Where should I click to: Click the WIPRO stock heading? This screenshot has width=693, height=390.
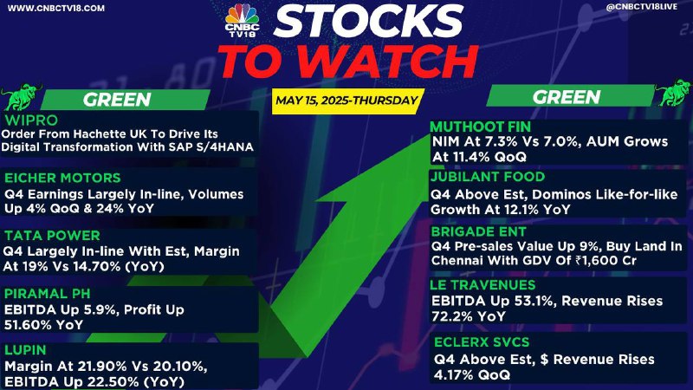tap(31, 120)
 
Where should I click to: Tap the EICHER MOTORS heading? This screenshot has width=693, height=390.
tap(62, 178)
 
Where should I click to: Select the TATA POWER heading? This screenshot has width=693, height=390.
tap(52, 235)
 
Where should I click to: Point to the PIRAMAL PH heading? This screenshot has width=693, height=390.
tap(48, 294)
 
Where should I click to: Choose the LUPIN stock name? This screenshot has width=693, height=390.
tap(25, 350)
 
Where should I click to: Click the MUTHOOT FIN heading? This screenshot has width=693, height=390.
tap(481, 127)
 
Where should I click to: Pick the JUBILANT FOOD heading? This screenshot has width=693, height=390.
tap(488, 177)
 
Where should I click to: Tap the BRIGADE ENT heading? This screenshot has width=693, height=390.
tap(479, 231)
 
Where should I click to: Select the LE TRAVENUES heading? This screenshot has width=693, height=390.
tap(483, 285)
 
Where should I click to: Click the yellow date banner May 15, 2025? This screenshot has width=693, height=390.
tap(347, 101)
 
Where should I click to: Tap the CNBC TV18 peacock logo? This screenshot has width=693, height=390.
tap(242, 20)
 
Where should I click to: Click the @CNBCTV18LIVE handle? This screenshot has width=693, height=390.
tap(642, 8)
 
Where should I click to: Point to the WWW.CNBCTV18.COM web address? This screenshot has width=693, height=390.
tap(56, 9)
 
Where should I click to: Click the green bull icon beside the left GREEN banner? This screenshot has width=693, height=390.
tap(21, 96)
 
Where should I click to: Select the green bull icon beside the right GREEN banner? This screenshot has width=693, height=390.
tap(673, 93)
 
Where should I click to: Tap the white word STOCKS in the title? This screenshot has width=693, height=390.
tap(368, 21)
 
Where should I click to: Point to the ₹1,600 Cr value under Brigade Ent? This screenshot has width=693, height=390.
tap(606, 261)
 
